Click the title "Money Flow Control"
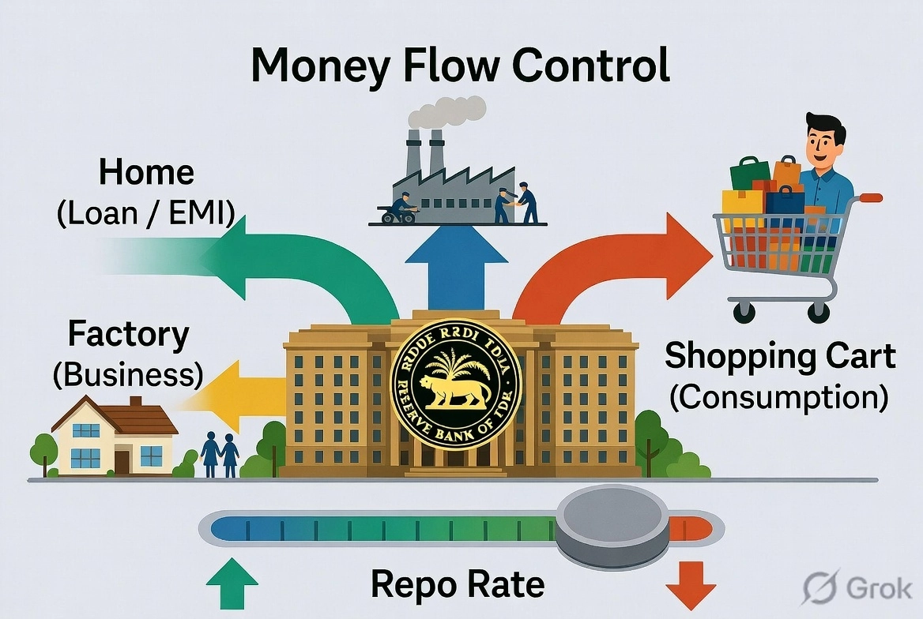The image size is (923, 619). click(461, 66)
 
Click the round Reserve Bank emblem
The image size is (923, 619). click(456, 384)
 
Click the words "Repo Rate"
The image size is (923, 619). click(458, 585)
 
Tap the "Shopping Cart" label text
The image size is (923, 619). click(780, 356)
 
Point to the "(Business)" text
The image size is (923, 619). click(126, 374)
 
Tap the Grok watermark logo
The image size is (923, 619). click(857, 588)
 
